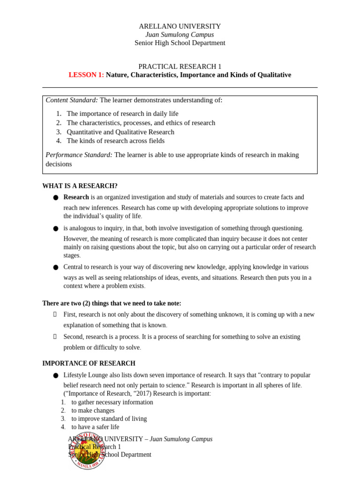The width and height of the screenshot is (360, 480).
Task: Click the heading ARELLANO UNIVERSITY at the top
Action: point(180,26)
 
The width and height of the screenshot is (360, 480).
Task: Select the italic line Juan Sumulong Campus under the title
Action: point(180,35)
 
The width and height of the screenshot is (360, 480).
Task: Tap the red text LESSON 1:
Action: point(86,75)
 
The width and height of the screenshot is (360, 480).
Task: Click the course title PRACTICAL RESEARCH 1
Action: point(180,67)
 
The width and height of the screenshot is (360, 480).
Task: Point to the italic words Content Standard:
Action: point(72,100)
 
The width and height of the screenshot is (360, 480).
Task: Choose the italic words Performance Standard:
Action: point(79,155)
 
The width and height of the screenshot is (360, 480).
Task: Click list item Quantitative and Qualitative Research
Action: point(120,132)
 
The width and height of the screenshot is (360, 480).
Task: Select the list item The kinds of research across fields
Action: point(115,141)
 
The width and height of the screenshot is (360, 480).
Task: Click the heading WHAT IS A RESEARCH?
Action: point(80,186)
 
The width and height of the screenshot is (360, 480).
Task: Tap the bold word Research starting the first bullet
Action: point(76,197)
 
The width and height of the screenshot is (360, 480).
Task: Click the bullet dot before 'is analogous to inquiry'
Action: point(55,229)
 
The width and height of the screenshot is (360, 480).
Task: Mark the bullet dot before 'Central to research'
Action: point(55,268)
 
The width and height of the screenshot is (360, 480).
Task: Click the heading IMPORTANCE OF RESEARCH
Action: point(89,363)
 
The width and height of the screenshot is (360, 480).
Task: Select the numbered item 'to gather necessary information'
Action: point(112,402)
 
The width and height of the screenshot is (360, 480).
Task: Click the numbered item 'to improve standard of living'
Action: point(109,419)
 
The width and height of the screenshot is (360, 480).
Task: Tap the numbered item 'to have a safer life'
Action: point(95,427)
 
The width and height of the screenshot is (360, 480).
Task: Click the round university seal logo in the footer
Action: point(87,451)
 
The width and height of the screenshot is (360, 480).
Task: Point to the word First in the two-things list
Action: point(70,314)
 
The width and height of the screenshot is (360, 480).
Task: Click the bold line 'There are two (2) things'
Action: point(112,303)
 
